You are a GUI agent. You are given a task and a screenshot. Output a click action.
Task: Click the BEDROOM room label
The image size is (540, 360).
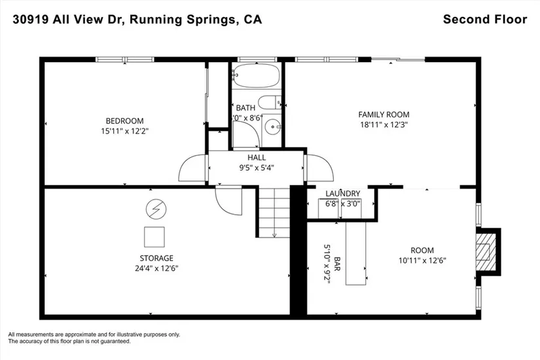124,120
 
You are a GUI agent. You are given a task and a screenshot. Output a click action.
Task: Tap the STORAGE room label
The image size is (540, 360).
156,258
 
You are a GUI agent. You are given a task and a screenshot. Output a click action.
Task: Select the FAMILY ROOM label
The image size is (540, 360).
384,114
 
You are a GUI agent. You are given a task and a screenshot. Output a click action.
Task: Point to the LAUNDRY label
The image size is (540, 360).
342,193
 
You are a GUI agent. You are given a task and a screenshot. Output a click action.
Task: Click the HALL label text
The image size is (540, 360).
257,158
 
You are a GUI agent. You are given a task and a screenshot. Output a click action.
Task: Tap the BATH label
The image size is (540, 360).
245,108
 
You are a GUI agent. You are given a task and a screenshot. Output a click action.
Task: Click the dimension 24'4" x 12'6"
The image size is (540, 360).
156,268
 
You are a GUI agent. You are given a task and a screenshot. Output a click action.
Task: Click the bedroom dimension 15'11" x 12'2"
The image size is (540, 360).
124,130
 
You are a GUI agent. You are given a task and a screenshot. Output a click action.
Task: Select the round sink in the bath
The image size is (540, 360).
273,126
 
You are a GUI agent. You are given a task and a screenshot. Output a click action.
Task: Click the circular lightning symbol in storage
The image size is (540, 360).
156,209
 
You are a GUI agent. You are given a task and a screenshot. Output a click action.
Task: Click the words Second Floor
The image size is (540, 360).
484,19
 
